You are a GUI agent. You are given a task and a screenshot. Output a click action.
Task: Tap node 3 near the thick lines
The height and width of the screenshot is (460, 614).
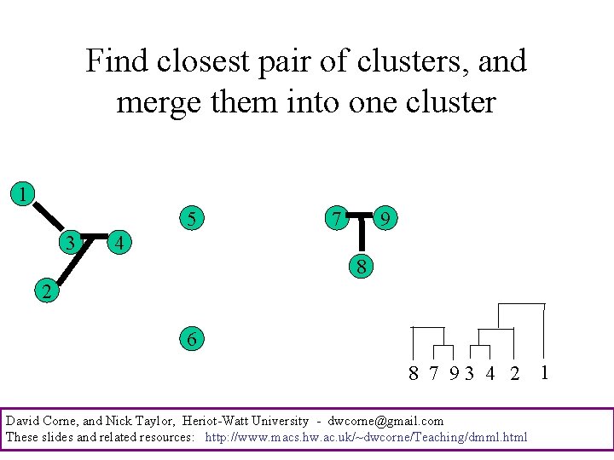[72, 243]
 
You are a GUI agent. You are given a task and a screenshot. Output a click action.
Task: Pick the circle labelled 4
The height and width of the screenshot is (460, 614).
[121, 243]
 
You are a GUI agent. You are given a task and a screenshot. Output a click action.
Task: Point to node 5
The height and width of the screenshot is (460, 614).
[193, 219]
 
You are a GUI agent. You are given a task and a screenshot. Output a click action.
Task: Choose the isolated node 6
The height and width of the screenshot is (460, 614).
[192, 339]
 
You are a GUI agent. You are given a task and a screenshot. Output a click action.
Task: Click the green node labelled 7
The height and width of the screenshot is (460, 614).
[338, 219]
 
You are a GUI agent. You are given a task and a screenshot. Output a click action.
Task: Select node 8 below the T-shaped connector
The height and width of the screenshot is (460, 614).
[362, 267]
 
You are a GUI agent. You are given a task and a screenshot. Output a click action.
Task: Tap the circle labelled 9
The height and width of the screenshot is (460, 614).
[386, 219]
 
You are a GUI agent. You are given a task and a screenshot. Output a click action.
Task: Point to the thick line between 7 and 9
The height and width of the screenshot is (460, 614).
[362, 214]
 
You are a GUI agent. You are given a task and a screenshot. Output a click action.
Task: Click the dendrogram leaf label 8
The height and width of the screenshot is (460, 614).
[414, 373]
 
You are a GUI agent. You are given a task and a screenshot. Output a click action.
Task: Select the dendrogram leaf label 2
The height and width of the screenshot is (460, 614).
[513, 373]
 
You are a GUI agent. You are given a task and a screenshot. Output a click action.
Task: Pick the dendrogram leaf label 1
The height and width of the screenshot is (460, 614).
[544, 371]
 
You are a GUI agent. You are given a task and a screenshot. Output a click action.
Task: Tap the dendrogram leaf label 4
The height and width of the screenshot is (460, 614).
[489, 373]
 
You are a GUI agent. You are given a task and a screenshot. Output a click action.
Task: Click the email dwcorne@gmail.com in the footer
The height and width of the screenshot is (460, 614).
[385, 421]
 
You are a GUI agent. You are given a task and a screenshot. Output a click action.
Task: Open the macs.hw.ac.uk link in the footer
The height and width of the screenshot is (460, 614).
[367, 437]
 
